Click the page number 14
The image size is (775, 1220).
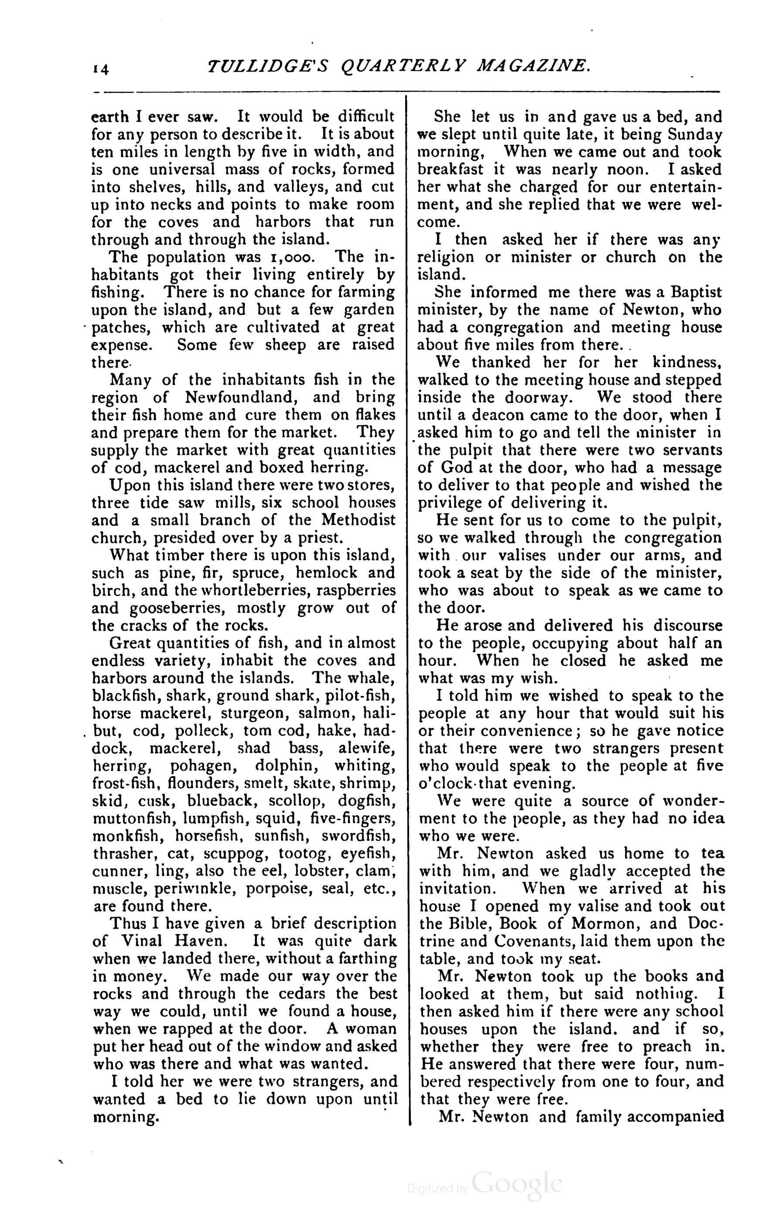tap(100, 69)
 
